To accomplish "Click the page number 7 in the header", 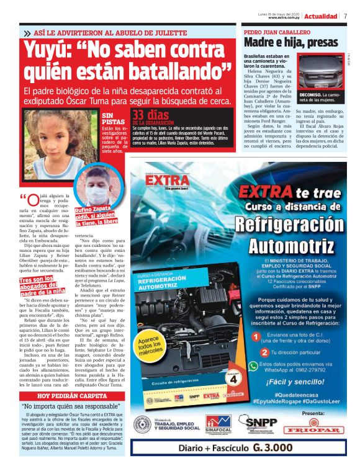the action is point(345,16).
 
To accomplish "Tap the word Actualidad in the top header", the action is point(322,16).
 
